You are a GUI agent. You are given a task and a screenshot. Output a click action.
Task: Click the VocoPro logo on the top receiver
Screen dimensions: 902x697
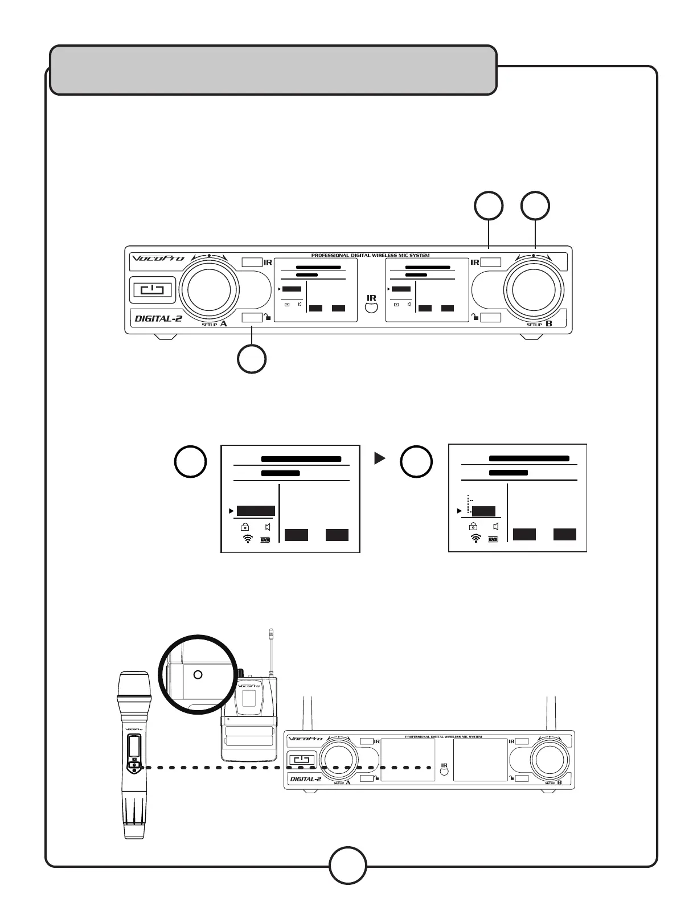(x=159, y=258)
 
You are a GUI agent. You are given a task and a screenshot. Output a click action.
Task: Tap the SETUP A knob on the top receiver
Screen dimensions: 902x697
(x=209, y=290)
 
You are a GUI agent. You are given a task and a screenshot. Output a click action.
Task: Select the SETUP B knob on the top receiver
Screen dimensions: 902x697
(x=534, y=289)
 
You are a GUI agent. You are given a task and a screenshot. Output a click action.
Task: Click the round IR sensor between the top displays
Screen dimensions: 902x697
(x=371, y=308)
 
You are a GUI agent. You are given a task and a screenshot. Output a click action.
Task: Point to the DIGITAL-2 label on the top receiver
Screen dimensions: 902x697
(x=158, y=318)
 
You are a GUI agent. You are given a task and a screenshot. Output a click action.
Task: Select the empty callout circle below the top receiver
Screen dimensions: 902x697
(x=252, y=359)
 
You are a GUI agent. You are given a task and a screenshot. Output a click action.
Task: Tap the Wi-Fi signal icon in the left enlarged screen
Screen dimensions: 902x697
(x=248, y=539)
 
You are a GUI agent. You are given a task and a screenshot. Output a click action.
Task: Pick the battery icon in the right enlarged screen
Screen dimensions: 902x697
(x=493, y=539)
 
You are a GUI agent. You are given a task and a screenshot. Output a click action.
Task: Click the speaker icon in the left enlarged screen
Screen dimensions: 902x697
(x=268, y=527)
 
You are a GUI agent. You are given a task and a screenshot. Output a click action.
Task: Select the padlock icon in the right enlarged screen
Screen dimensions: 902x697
(x=473, y=527)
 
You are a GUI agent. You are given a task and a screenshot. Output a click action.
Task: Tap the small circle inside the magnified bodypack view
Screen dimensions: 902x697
(x=198, y=675)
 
